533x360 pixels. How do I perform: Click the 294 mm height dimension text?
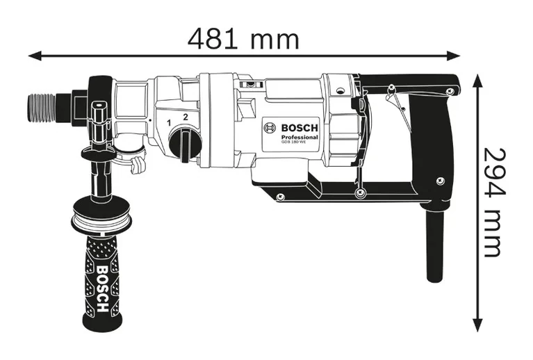coord(491,202)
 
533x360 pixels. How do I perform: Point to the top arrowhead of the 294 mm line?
coord(477,80)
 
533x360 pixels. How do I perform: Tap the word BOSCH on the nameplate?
coord(300,128)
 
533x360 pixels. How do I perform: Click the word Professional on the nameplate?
coord(300,138)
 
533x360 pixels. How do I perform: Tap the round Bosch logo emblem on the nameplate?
coord(270,128)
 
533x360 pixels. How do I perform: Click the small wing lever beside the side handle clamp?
coord(138,165)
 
